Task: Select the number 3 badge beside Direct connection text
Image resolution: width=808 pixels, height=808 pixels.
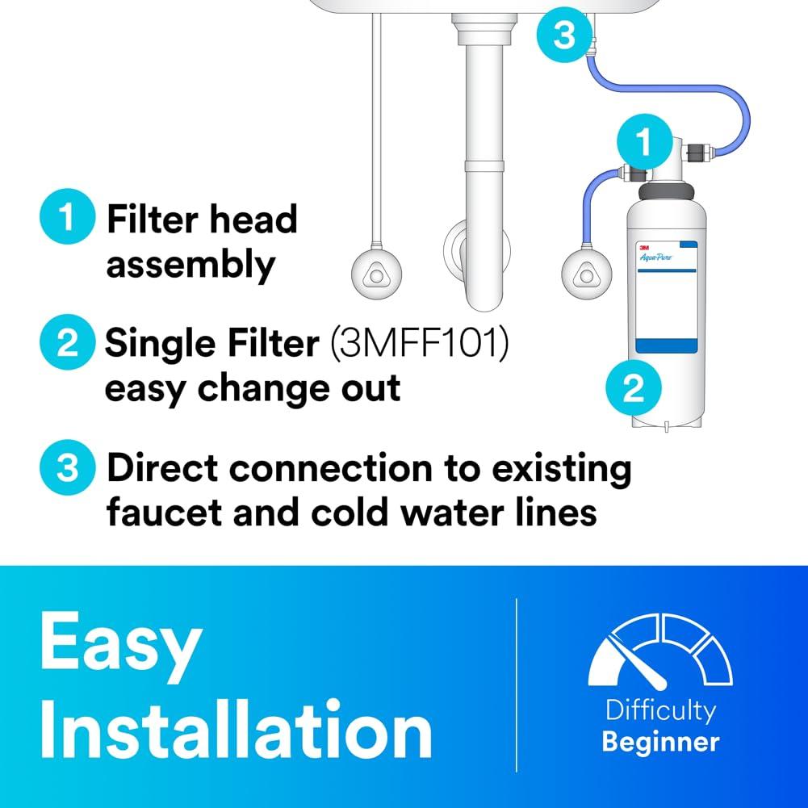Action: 68,469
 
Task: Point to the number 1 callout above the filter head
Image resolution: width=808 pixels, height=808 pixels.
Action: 643,142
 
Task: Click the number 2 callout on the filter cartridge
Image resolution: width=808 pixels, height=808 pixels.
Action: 634,389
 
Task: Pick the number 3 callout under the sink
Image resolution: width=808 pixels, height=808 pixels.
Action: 565,34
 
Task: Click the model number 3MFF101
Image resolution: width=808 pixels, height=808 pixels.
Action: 419,345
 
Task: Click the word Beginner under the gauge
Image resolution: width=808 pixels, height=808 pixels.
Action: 660,740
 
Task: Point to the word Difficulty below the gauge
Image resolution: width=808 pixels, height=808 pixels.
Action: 660,711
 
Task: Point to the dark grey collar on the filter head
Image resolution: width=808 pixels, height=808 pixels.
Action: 665,194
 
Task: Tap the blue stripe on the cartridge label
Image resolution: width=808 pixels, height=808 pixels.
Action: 665,346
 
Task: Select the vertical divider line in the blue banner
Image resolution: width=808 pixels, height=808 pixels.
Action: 517,686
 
